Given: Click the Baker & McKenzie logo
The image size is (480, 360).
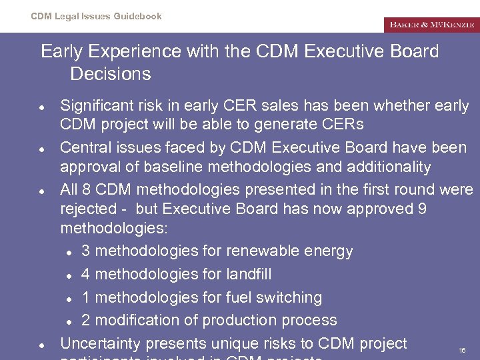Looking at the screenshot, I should pyautogui.click(x=431, y=25).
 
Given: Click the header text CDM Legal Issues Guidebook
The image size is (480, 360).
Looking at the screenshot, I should pyautogui.click(x=96, y=16).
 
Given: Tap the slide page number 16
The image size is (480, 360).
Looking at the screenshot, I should pyautogui.click(x=462, y=350).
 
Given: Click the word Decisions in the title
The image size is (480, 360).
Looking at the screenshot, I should pyautogui.click(x=110, y=73).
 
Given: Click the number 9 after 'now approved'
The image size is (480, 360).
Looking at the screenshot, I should pyautogui.click(x=421, y=209).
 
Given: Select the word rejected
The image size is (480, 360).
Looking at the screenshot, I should pyautogui.click(x=89, y=209).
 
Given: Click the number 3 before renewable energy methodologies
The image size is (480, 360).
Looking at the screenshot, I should pyautogui.click(x=86, y=251).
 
